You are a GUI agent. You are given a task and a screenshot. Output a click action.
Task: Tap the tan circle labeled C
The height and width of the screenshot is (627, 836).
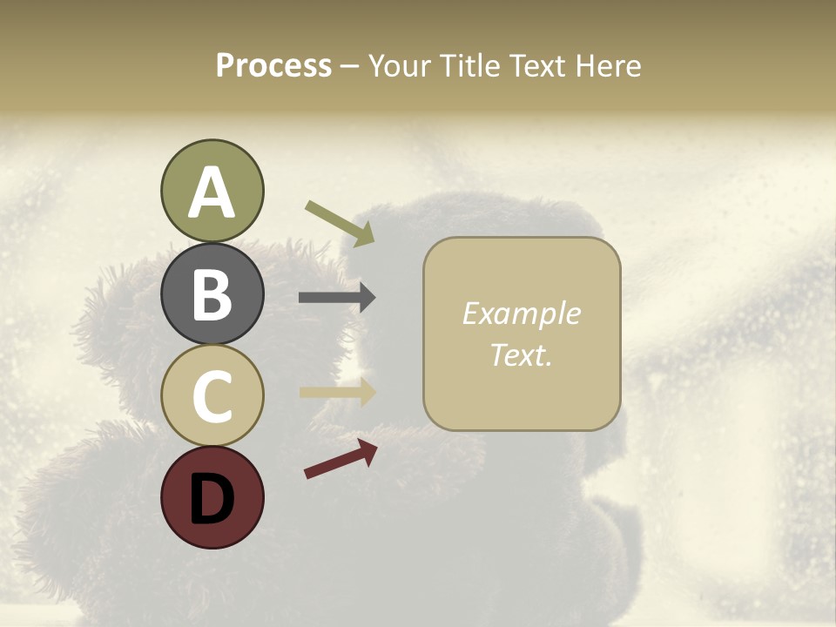tap(212, 395)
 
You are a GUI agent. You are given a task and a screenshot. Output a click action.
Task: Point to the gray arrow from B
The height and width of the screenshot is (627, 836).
tap(337, 298)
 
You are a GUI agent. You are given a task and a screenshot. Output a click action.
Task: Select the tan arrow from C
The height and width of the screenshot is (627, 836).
tap(337, 392)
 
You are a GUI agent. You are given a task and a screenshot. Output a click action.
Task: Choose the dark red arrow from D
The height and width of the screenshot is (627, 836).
tap(340, 458)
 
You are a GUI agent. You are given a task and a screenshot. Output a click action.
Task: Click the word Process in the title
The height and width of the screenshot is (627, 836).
tap(273, 66)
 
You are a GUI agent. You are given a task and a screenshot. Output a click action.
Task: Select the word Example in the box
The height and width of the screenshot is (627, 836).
tap(521, 313)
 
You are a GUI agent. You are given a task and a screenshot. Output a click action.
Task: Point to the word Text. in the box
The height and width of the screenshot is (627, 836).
tap(521, 355)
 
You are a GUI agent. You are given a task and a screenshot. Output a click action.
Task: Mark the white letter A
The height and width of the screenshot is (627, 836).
tap(212, 192)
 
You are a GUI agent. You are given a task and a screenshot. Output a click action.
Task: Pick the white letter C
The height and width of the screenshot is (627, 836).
tap(212, 395)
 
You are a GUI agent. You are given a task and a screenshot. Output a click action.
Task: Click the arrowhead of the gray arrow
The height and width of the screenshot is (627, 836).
tap(367, 298)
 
